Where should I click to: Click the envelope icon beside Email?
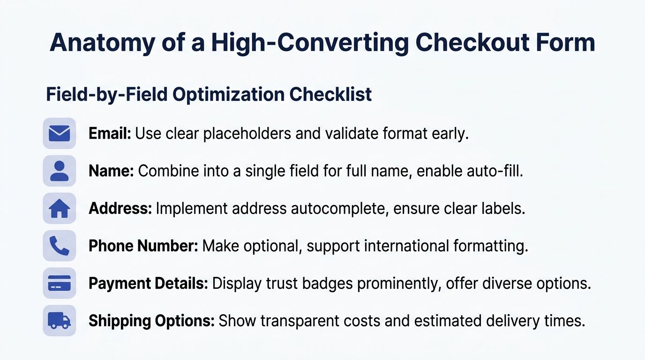click(x=59, y=134)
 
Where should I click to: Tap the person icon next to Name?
click(x=59, y=171)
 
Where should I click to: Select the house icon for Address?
click(x=59, y=209)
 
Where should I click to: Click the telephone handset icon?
click(x=59, y=246)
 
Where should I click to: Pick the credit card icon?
click(x=59, y=283)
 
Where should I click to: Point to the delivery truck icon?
click(x=59, y=321)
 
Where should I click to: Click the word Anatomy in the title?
click(x=101, y=43)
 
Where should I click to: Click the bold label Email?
click(x=110, y=134)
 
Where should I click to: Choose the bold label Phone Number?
click(x=143, y=246)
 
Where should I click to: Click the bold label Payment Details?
click(x=148, y=283)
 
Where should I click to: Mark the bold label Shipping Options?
click(x=151, y=321)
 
